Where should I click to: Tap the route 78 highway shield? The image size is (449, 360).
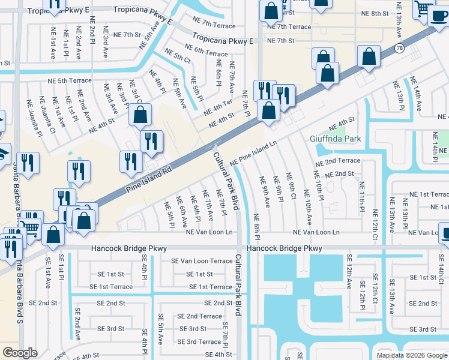pos(399,48)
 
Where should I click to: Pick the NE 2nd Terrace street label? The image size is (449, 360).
pos(338,161)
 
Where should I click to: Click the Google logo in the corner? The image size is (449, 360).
pos(20,353)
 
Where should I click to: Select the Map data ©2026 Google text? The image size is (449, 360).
pos(411,355)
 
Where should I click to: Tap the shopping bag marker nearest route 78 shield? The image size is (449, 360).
pos(369,58)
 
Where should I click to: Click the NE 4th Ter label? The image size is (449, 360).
pos(218,106)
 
